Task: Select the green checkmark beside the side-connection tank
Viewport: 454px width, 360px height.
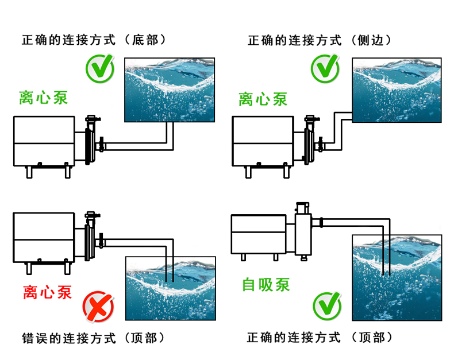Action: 325,68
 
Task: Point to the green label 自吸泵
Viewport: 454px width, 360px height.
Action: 266,284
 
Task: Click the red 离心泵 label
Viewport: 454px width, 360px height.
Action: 48,292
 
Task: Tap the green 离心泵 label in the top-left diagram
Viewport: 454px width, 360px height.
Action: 44,97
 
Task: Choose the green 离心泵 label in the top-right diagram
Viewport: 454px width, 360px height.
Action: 263,99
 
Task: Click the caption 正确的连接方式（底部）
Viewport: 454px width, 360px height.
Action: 94,41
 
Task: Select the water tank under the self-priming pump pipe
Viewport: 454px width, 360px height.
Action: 397,276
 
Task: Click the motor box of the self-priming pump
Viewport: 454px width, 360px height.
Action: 259,234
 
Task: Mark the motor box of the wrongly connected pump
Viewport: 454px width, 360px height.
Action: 44,236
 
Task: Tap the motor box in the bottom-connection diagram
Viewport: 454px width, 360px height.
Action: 44,141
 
